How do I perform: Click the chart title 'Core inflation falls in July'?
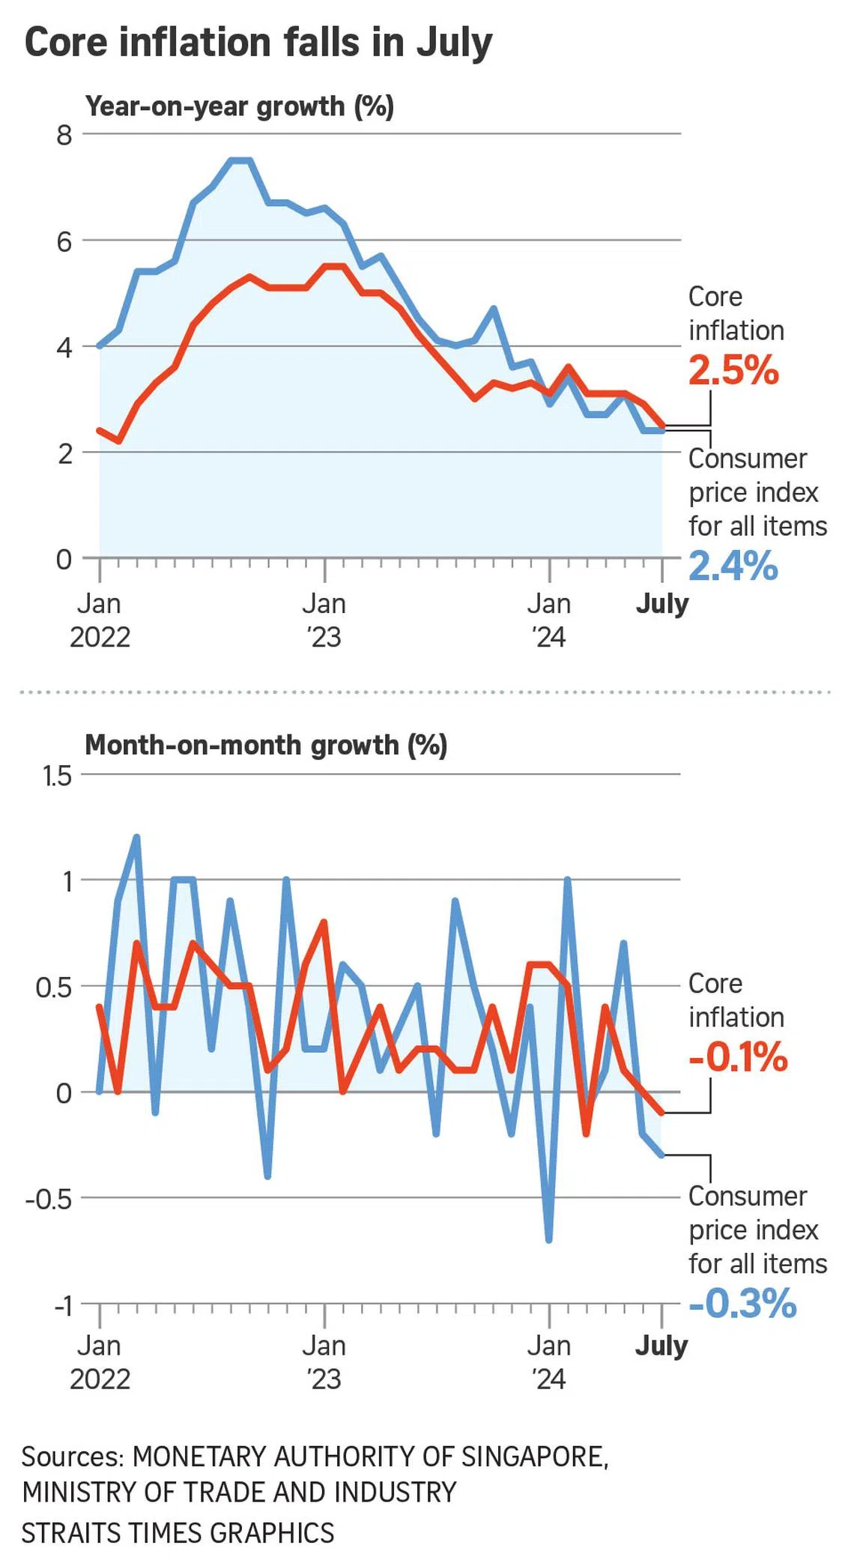coord(258,43)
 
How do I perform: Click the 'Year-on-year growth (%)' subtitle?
coord(240,107)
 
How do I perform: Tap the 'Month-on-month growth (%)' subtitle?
coord(266,746)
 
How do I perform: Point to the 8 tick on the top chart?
coord(64,136)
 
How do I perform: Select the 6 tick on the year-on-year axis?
coord(64,241)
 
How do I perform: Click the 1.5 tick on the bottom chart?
coord(57,776)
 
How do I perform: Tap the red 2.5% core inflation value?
coord(733,370)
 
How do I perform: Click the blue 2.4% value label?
coord(733,566)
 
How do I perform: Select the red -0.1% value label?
coord(738,1057)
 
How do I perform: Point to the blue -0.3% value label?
coord(742,1303)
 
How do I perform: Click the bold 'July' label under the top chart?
coord(662,604)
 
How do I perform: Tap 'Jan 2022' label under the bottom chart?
coord(100,1363)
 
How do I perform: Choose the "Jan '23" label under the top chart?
coord(324,620)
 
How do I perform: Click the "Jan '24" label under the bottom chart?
coord(549,1363)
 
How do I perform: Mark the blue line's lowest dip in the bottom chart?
coord(549,1240)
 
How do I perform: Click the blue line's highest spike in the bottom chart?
coord(136,837)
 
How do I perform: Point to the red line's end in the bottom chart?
coord(661,1113)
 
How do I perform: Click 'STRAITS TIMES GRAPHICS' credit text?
coord(178,1532)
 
